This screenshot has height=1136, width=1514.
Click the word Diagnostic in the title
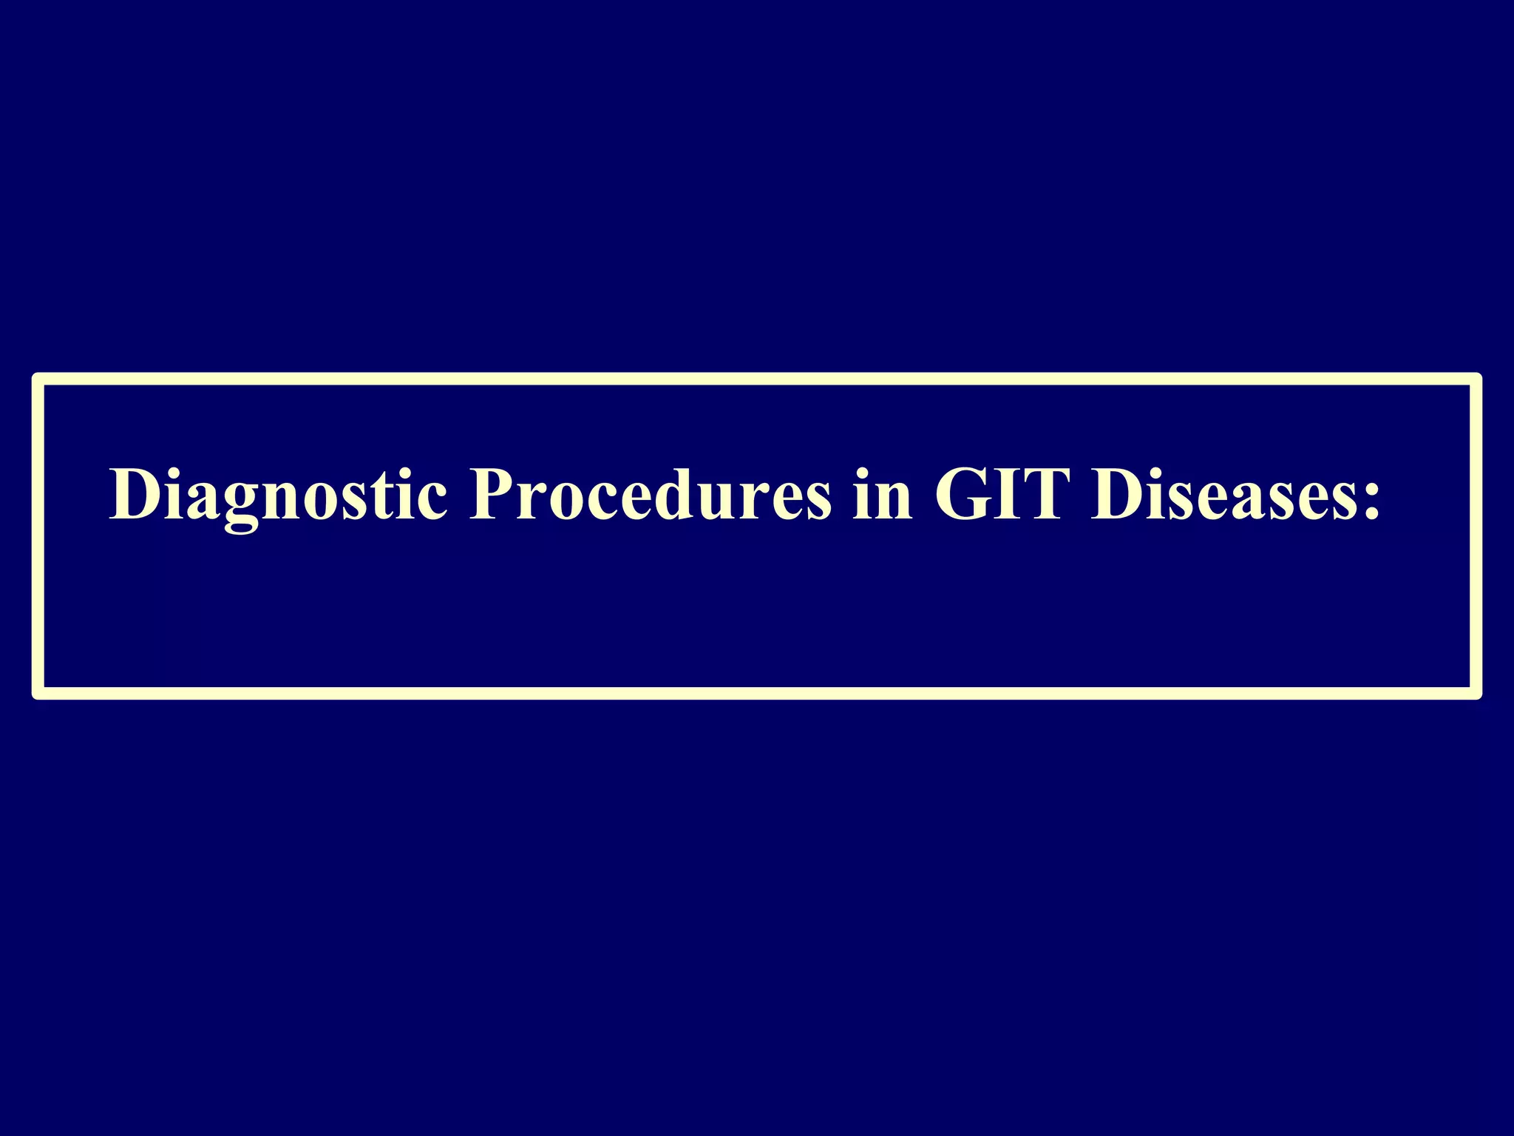coord(278,494)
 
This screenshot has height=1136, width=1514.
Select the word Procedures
coord(650,494)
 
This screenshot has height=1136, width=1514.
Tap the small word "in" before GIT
coord(882,494)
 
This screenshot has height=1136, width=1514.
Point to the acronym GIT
coord(1002,494)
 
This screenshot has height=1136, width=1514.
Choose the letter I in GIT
coord(1008,494)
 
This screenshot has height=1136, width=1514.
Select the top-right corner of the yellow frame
coord(1476,379)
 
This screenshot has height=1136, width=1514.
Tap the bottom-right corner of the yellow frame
coord(1476,693)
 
